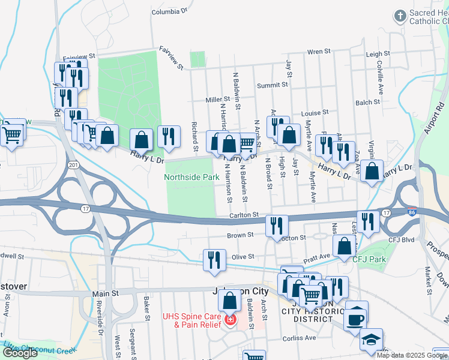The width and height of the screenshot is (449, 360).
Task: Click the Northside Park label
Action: tap(191, 178)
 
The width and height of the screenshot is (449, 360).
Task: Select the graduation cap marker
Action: tap(371, 340)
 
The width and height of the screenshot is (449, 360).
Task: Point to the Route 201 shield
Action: tap(74, 164)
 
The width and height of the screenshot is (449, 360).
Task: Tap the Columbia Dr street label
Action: tap(169, 11)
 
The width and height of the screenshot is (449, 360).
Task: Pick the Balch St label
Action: tap(367, 103)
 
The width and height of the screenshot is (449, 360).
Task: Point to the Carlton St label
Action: tap(243, 214)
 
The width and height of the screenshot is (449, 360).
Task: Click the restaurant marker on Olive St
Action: tap(214, 260)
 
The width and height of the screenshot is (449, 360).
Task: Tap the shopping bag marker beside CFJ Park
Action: tap(344, 246)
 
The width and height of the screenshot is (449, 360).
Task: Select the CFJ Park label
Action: tap(368, 260)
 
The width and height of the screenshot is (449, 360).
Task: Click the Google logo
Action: tap(20, 353)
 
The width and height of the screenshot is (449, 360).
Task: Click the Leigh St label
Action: tap(378, 54)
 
